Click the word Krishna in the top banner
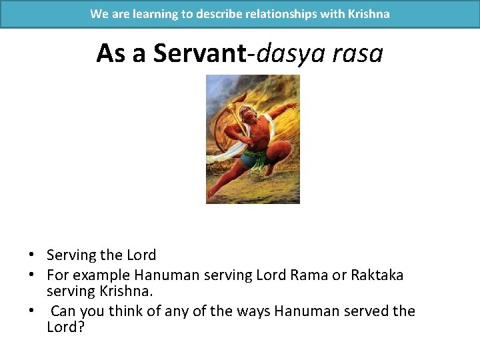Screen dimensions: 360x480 (x=368, y=13)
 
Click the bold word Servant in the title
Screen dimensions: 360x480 (x=199, y=53)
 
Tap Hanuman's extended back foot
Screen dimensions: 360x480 (x=212, y=193)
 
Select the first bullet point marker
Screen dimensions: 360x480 (x=31, y=255)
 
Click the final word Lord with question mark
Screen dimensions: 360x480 (x=65, y=328)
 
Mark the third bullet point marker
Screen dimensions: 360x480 (x=31, y=311)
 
